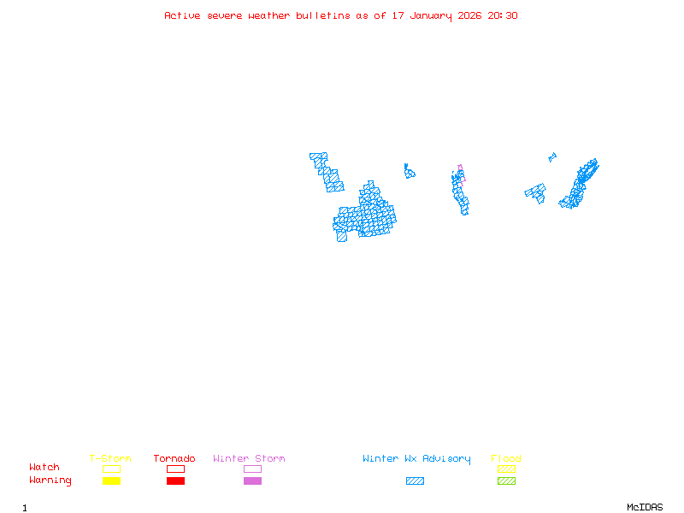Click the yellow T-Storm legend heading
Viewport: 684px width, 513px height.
pyautogui.click(x=110, y=459)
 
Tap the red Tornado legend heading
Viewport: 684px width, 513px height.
pyautogui.click(x=174, y=459)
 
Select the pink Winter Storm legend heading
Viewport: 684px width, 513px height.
pyautogui.click(x=249, y=459)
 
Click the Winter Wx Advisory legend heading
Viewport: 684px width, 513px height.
pyautogui.click(x=416, y=459)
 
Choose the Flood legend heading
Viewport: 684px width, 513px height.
pyautogui.click(x=506, y=459)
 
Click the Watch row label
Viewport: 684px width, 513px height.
pyautogui.click(x=44, y=468)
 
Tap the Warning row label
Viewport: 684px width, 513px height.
pyautogui.click(x=50, y=481)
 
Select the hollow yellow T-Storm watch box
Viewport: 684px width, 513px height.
pyautogui.click(x=111, y=469)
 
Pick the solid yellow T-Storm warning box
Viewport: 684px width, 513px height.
pyautogui.click(x=111, y=481)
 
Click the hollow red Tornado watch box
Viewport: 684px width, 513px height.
pyautogui.click(x=175, y=469)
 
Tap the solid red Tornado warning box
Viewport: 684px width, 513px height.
pyautogui.click(x=175, y=481)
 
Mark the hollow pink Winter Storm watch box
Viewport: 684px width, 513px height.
pyautogui.click(x=252, y=469)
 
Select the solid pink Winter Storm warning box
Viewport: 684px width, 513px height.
pyautogui.click(x=252, y=481)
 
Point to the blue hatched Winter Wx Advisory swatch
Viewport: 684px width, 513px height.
pyautogui.click(x=415, y=481)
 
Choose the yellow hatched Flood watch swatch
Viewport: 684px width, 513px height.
pyautogui.click(x=506, y=469)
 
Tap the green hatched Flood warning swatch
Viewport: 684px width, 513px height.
pyautogui.click(x=506, y=481)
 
